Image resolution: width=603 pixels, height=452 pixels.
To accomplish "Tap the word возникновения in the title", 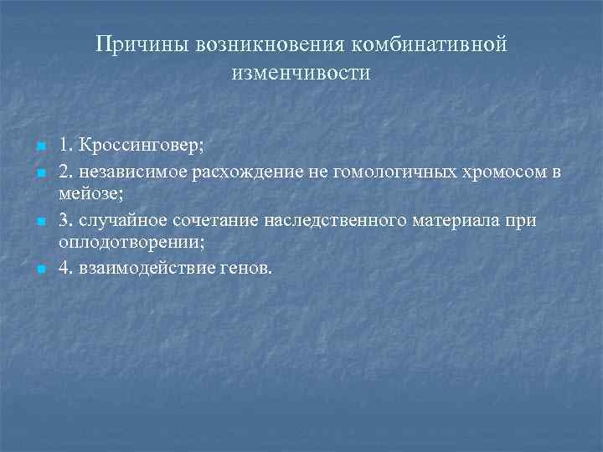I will pyautogui.click(x=261, y=43).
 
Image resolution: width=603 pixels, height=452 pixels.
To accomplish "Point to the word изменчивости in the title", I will pyautogui.click(x=301, y=73).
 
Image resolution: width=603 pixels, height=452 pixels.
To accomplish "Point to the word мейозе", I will pyautogui.click(x=86, y=190).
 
